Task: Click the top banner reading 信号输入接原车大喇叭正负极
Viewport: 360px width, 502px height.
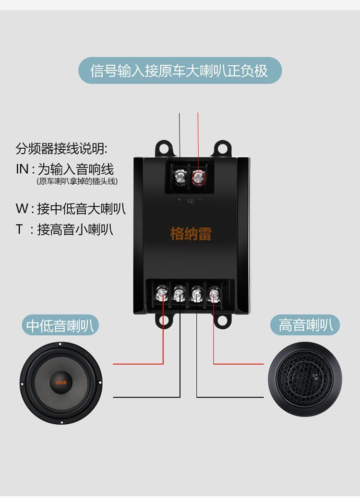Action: [x=180, y=71]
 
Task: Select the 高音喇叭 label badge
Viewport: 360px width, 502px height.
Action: [x=305, y=325]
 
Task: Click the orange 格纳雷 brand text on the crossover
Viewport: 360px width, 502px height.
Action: [x=191, y=234]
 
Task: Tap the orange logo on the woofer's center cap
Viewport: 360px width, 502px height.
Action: [x=61, y=382]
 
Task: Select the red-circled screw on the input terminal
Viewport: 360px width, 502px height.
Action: [x=198, y=178]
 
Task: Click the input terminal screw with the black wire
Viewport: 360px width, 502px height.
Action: [x=180, y=178]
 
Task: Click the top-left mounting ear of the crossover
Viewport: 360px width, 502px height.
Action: [x=163, y=147]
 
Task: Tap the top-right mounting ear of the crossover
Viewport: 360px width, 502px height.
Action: [x=222, y=147]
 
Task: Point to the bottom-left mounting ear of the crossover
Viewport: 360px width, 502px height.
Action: [x=163, y=321]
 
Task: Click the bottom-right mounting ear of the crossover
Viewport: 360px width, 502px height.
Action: [x=222, y=321]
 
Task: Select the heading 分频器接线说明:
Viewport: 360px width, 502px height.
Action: [x=61, y=148]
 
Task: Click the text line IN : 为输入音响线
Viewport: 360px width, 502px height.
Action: [x=65, y=169]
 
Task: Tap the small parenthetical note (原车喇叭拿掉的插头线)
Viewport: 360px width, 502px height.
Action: [x=77, y=181]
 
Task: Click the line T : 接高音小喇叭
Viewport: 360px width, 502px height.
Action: [x=64, y=229]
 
